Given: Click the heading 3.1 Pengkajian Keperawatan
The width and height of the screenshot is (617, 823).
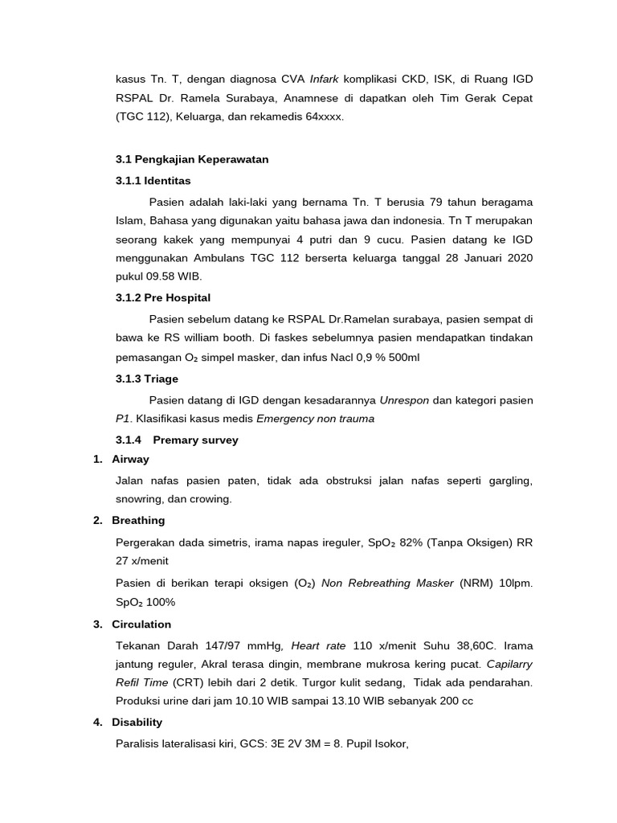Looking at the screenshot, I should tap(192, 159).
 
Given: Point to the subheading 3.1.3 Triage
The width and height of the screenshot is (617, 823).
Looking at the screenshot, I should tap(147, 379).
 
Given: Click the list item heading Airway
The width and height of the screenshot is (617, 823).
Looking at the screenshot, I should tap(130, 459).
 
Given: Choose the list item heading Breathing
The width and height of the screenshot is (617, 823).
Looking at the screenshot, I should tap(138, 520).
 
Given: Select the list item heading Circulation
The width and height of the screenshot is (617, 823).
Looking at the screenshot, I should tap(141, 624).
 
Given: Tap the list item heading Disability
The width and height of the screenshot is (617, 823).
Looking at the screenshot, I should tap(137, 722).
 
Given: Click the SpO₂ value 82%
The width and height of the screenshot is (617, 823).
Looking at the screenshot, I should tap(409, 543).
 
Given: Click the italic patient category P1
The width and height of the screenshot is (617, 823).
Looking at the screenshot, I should tap(124, 419).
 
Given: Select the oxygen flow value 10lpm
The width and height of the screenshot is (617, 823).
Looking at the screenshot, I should tap(514, 583).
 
